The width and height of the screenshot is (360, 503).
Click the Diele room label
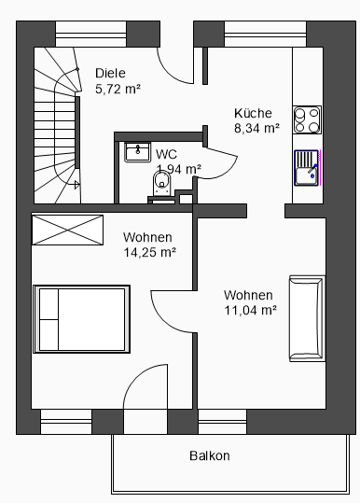110,73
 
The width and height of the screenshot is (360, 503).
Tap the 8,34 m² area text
256,129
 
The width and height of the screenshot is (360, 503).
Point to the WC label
166,154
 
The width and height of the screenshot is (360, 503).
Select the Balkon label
210,455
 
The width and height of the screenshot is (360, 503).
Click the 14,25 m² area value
150,253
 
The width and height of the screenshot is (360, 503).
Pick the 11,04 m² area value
250,310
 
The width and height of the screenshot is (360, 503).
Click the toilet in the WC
162,183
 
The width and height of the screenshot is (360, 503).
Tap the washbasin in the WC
137,152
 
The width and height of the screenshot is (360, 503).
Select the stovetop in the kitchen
307,119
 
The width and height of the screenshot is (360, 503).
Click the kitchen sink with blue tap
307,168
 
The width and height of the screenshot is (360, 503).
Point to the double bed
82,319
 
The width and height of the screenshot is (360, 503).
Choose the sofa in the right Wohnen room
307,318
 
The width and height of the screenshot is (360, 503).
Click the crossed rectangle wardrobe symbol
68,230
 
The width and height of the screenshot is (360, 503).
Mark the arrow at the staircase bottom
76,185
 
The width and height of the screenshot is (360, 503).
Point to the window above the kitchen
265,34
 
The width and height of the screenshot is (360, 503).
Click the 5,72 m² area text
118,89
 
